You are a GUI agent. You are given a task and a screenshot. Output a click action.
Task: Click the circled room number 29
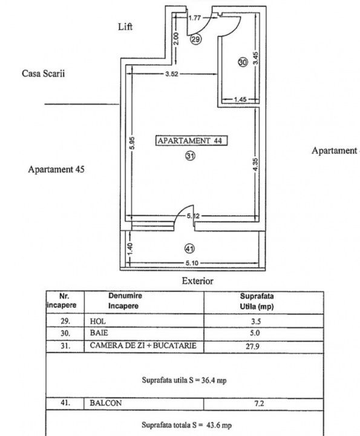pyautogui.click(x=195, y=39)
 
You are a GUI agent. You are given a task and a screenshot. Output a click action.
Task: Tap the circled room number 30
pyautogui.click(x=243, y=62)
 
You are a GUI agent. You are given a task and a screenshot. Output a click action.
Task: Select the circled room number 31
pyautogui.click(x=190, y=156)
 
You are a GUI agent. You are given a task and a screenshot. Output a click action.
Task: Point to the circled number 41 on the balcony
pyautogui.click(x=189, y=249)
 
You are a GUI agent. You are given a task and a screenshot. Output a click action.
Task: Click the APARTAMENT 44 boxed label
pyautogui.click(x=191, y=140)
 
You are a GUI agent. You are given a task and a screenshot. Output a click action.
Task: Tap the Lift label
pyautogui.click(x=125, y=27)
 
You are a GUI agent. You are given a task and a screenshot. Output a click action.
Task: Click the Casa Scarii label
pyautogui.click(x=44, y=73)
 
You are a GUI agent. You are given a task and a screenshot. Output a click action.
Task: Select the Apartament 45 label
pyautogui.click(x=56, y=170)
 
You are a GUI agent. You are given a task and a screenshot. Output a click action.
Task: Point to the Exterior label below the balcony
pyautogui.click(x=197, y=281)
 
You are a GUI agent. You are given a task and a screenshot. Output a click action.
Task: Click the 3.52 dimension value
pyautogui.click(x=171, y=74)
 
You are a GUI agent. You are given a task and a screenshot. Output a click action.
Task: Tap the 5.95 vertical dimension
pyautogui.click(x=133, y=143)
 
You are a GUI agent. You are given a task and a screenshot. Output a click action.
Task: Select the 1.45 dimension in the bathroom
pyautogui.click(x=240, y=99)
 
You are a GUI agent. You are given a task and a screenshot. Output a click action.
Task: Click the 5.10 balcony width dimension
pyautogui.click(x=192, y=263)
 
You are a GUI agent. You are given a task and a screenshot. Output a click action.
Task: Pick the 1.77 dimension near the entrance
pyautogui.click(x=194, y=18)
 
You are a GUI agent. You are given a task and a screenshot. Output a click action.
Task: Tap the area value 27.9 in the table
pyautogui.click(x=252, y=346)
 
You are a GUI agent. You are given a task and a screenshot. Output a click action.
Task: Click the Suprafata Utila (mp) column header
pyautogui.click(x=257, y=301)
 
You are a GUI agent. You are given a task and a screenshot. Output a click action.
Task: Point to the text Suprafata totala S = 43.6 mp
pyautogui.click(x=187, y=425)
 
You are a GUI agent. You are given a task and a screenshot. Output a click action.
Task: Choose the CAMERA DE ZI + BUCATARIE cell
pyautogui.click(x=143, y=345)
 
